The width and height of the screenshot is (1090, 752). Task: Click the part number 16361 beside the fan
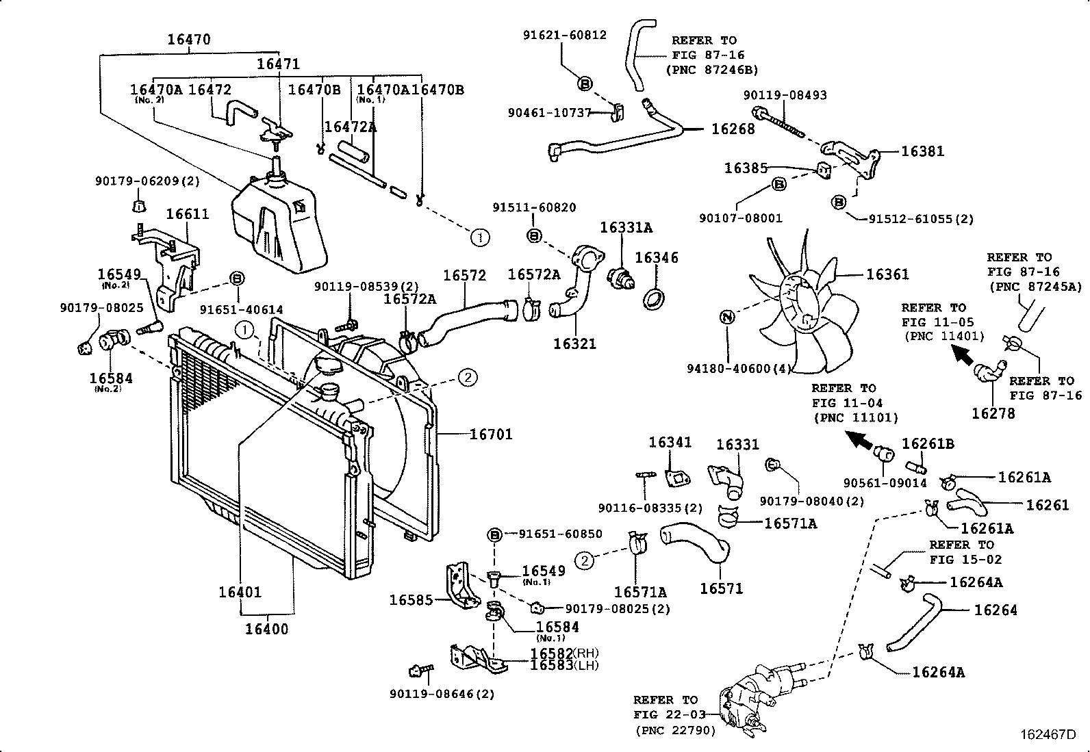pos(887,274)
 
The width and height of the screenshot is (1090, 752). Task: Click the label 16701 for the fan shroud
pos(491,434)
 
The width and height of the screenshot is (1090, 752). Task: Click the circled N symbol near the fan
pos(727,317)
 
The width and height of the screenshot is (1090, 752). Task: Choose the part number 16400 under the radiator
pos(267,628)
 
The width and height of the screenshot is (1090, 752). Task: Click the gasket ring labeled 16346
pos(655,299)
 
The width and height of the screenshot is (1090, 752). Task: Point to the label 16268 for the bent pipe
pos(733,129)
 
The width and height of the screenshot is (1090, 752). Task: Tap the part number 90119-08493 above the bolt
pos(785,95)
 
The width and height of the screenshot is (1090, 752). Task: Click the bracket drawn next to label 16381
pos(849,159)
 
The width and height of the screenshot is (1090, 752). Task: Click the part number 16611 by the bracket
pos(187,214)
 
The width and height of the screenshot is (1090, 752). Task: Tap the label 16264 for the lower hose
pos(996,610)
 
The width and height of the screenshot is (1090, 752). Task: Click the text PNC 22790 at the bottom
pos(675,730)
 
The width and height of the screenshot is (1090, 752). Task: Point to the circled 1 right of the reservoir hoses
pos(480,237)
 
